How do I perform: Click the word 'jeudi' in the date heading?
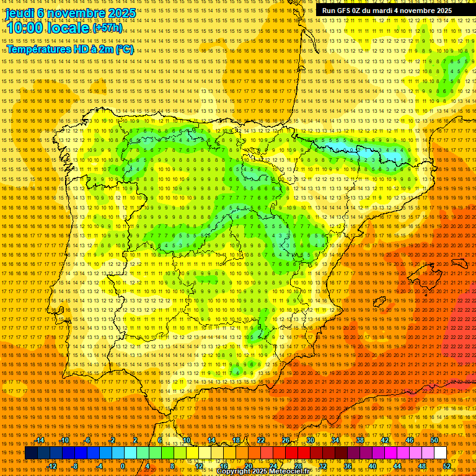point(20,13)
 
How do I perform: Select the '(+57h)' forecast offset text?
point(107,29)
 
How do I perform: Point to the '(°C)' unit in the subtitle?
point(124,49)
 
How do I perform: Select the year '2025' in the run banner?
point(444,11)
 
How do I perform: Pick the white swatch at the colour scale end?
point(440,454)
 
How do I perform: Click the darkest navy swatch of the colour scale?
point(31,454)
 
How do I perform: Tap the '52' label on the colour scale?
point(447,466)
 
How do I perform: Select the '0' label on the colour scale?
point(123,466)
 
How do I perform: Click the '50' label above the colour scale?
point(434,440)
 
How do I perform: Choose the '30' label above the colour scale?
point(310,440)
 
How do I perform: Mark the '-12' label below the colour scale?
point(52,466)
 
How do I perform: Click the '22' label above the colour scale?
point(260,440)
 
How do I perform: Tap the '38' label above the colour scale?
point(359,440)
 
